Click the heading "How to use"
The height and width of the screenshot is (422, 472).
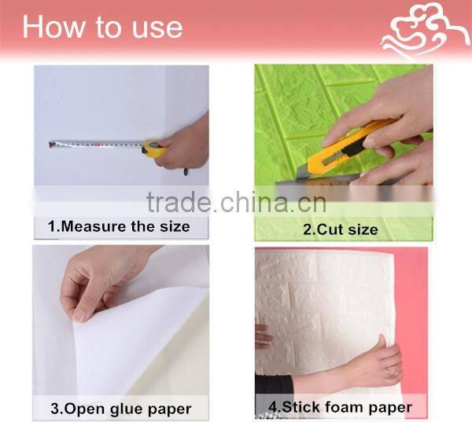click(x=102, y=27)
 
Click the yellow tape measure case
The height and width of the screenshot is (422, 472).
click(x=153, y=149)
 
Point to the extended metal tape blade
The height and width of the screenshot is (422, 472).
click(x=96, y=144)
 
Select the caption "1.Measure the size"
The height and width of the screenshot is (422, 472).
click(x=119, y=226)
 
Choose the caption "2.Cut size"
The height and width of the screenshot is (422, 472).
click(x=340, y=229)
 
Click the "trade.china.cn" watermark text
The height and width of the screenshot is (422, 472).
click(x=236, y=202)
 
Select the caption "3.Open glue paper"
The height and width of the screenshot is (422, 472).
click(x=121, y=409)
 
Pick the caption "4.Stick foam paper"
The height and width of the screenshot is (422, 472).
click(x=340, y=407)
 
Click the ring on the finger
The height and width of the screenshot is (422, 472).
click(x=388, y=372)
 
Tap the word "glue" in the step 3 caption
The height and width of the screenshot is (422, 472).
click(x=128, y=409)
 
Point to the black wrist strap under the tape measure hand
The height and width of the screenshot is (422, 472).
click(x=186, y=172)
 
